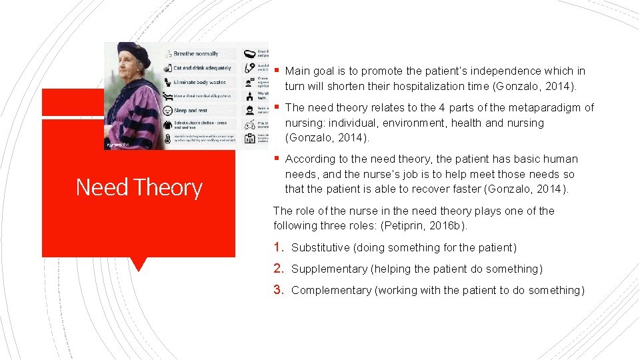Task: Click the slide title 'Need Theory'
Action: tap(139, 187)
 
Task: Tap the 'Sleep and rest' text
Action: tap(190, 110)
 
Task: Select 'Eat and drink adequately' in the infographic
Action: tap(202, 68)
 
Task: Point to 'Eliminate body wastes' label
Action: tap(199, 82)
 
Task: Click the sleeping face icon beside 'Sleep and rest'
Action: tap(166, 110)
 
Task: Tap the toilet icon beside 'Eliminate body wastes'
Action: tap(166, 82)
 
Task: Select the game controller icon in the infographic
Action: tap(249, 124)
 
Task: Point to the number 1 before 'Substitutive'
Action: tap(279, 247)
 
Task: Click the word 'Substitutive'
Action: tap(320, 248)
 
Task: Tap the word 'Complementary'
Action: tap(331, 291)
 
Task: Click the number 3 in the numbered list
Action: tap(279, 290)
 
